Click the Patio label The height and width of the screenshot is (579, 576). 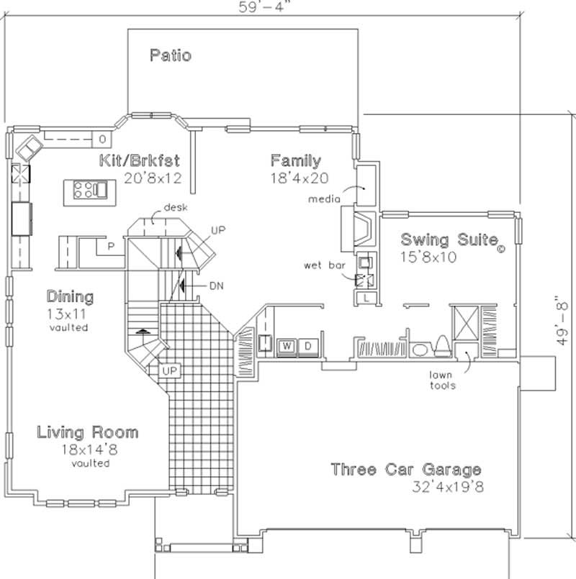[171, 55]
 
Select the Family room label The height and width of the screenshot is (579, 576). [296, 160]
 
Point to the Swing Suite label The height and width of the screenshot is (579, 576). [445, 240]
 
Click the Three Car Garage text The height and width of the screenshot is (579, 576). [405, 470]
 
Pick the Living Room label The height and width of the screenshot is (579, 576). [88, 433]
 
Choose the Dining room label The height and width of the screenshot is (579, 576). [71, 296]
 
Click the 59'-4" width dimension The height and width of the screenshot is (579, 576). [258, 7]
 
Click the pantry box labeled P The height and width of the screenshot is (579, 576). [112, 245]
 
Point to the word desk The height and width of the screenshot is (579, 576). [175, 207]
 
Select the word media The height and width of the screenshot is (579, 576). [321, 197]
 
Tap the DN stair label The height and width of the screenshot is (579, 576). [216, 286]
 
